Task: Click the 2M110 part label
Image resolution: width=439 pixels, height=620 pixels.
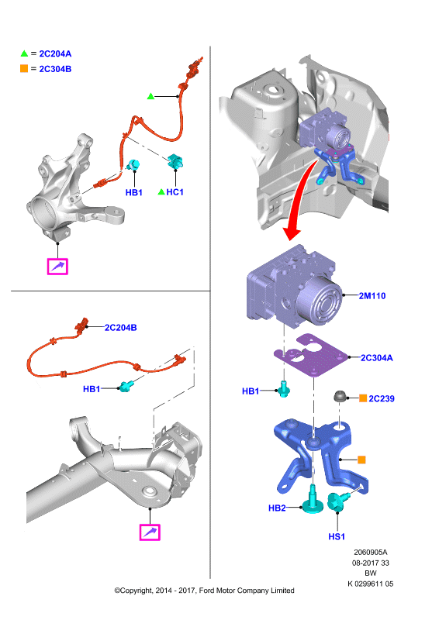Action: tap(372, 296)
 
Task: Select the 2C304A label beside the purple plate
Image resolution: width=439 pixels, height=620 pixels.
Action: tap(376, 358)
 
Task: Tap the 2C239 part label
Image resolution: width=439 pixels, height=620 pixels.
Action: tap(381, 398)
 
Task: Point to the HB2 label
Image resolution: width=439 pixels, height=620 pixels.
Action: tap(277, 508)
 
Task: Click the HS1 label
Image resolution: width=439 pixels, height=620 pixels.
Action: tap(337, 536)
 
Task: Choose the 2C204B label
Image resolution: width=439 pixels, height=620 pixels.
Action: tap(120, 327)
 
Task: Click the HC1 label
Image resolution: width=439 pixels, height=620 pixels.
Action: tap(175, 192)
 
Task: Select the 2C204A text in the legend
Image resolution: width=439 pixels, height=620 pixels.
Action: tap(55, 53)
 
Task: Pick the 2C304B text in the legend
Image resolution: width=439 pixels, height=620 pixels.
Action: tap(55, 69)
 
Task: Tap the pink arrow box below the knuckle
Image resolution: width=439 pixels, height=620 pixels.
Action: tap(57, 267)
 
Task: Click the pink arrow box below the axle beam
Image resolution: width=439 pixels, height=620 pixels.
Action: tap(150, 532)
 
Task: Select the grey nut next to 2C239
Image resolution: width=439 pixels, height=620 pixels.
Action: tap(340, 396)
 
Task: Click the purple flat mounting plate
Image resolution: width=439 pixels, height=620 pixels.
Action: tap(311, 355)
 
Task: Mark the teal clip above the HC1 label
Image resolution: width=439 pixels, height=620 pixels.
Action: tap(175, 161)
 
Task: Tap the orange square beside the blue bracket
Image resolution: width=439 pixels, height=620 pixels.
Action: tap(361, 460)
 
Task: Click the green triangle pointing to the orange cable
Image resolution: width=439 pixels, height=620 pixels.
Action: tap(150, 96)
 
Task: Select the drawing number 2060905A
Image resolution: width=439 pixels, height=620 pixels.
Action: tap(371, 552)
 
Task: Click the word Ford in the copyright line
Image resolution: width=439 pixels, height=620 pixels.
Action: tap(206, 591)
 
